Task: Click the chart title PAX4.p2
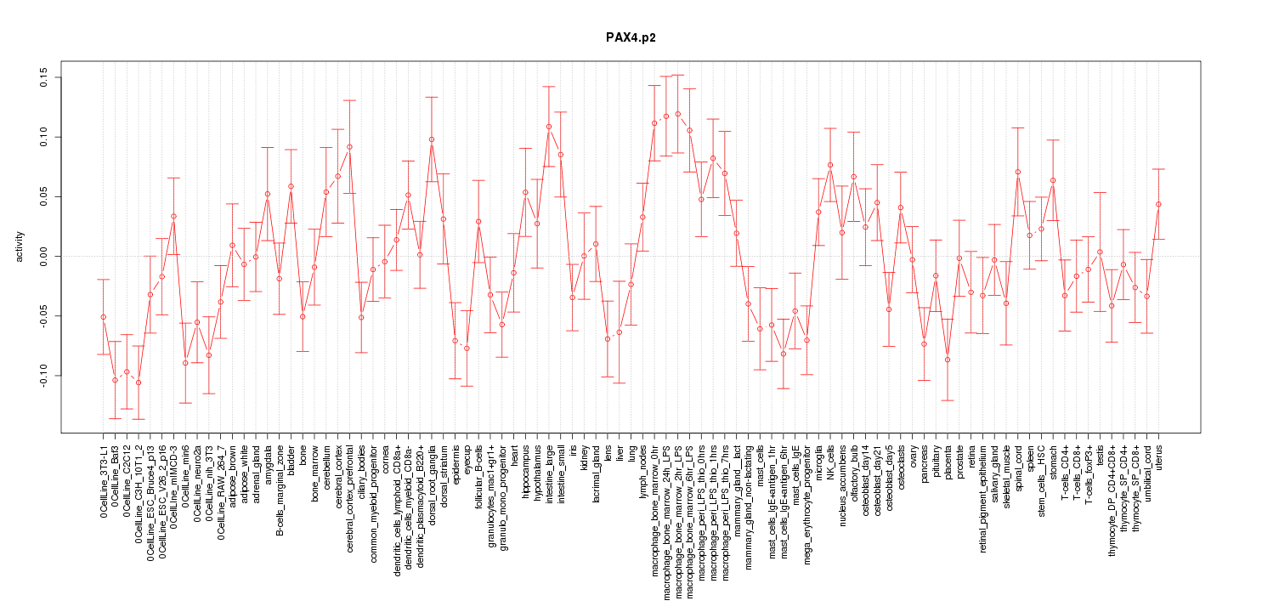(x=630, y=38)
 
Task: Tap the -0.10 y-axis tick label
(x=42, y=376)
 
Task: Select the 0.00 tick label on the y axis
(x=42, y=257)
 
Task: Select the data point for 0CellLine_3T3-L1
(x=103, y=317)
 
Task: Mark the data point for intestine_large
(x=549, y=127)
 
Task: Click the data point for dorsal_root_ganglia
(x=432, y=139)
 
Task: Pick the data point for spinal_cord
(x=1017, y=172)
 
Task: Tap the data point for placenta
(x=947, y=360)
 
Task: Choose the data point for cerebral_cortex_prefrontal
(x=349, y=147)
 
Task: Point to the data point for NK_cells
(x=829, y=165)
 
